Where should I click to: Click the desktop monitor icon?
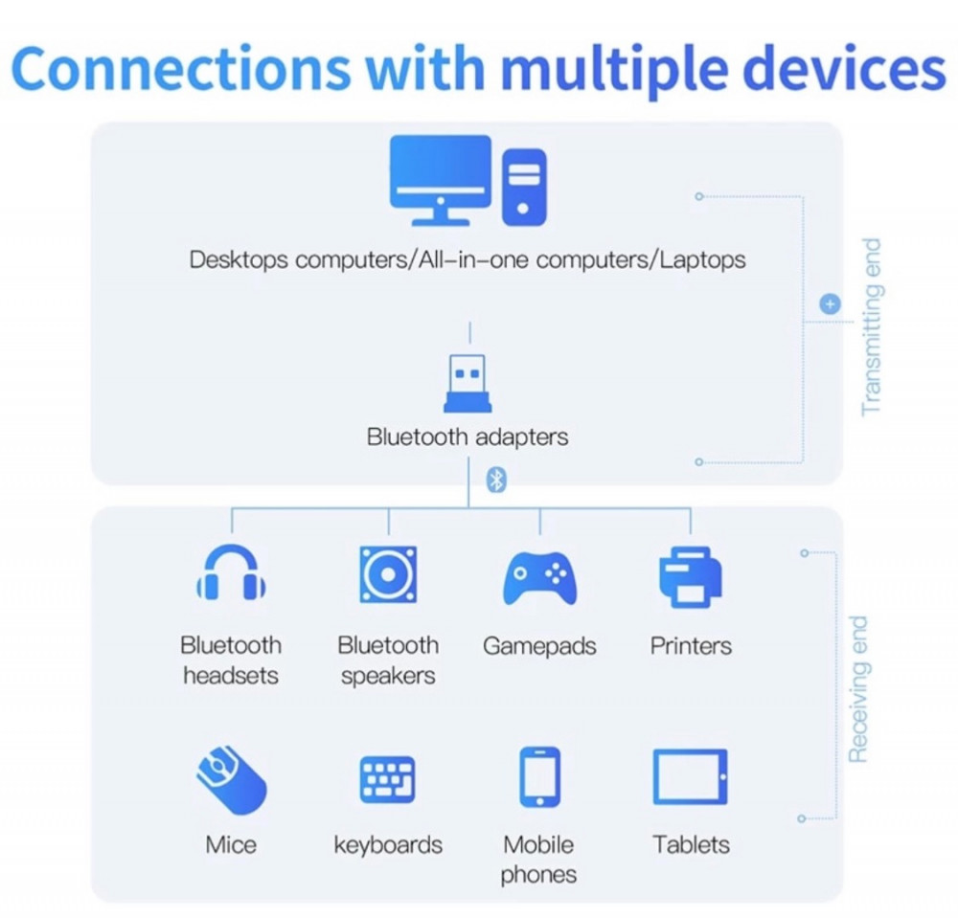pyautogui.click(x=440, y=180)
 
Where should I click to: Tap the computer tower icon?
pyautogui.click(x=524, y=187)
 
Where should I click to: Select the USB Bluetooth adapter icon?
pyautogui.click(x=468, y=383)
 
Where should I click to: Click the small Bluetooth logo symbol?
pyautogui.click(x=496, y=480)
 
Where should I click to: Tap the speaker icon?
pyautogui.click(x=388, y=574)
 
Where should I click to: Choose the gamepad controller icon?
pyautogui.click(x=539, y=578)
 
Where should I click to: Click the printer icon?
pyautogui.click(x=691, y=577)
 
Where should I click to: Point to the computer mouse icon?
pyautogui.click(x=231, y=779)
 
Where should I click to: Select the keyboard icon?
pyautogui.click(x=387, y=779)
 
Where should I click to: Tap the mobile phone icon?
pyautogui.click(x=539, y=777)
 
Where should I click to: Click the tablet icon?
pyautogui.click(x=691, y=777)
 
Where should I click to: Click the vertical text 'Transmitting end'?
pyautogui.click(x=871, y=327)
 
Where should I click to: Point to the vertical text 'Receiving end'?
pyautogui.click(x=857, y=689)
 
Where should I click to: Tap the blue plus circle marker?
pyautogui.click(x=830, y=304)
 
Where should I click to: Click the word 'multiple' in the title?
pyautogui.click(x=616, y=70)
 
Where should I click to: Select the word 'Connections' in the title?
pyautogui.click(x=181, y=68)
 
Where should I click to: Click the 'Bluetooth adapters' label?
pyautogui.click(x=468, y=437)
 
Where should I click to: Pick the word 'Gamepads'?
pyautogui.click(x=539, y=647)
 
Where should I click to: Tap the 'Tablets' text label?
pyautogui.click(x=691, y=844)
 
